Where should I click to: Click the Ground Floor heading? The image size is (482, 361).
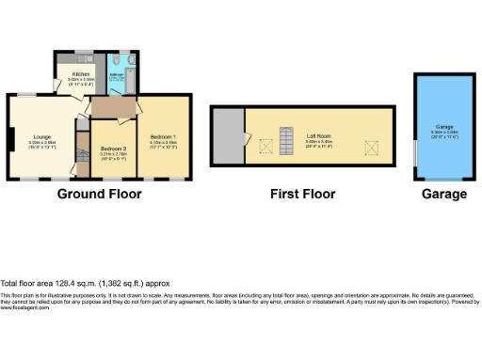[x=100, y=195]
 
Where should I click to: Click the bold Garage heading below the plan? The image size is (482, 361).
[x=443, y=195]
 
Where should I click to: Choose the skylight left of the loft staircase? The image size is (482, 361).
[x=264, y=145]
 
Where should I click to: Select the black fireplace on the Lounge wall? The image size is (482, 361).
[x=8, y=139]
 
